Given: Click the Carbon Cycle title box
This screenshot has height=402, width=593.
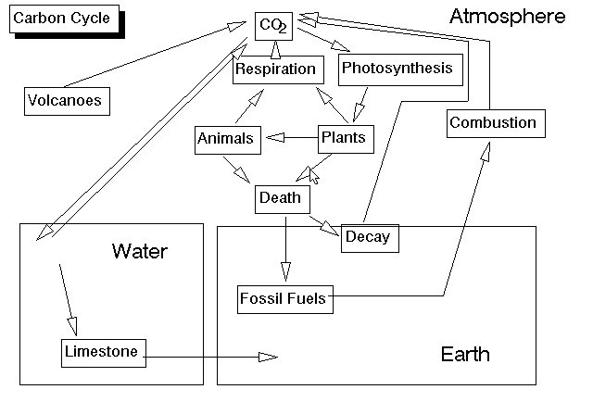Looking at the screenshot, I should [62, 19].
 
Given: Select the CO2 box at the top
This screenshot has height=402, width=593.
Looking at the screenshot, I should [273, 26].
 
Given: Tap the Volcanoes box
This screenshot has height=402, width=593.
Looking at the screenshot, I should [64, 100].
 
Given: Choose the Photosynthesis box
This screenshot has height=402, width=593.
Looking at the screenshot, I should [397, 69].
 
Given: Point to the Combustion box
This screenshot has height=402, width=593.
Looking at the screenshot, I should [492, 123].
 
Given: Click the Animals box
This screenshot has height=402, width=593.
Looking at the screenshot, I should [224, 140].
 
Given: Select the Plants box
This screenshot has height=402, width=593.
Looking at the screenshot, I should [342, 139].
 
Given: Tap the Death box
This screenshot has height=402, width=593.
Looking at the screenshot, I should [280, 197].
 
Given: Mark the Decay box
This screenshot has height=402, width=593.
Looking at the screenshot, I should [368, 238].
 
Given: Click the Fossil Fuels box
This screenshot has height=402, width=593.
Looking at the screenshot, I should [283, 299].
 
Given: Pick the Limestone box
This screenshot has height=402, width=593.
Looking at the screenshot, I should [102, 352].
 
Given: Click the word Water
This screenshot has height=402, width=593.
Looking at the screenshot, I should [140, 251].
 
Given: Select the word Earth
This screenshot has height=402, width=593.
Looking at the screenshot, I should [465, 355].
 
